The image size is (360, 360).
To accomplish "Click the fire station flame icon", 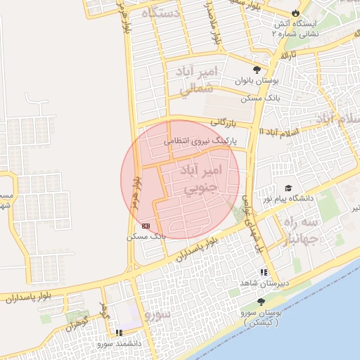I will click(295, 13).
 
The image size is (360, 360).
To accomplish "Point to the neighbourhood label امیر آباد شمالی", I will click(195, 81).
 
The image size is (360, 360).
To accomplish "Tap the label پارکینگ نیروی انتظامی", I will click(200, 141).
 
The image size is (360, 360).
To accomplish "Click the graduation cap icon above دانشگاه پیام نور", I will click(288, 188).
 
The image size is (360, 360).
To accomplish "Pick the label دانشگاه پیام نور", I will click(288, 199).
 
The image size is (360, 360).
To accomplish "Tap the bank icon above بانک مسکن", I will click(146, 226).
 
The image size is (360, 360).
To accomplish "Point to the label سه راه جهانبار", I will click(301, 230).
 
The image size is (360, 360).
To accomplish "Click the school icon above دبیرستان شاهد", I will click(264, 272).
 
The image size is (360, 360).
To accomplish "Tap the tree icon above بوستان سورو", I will click(261, 301).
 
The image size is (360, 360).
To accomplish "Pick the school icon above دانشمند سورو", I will click(119, 333).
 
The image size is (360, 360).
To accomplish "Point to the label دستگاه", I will click(161, 13).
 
